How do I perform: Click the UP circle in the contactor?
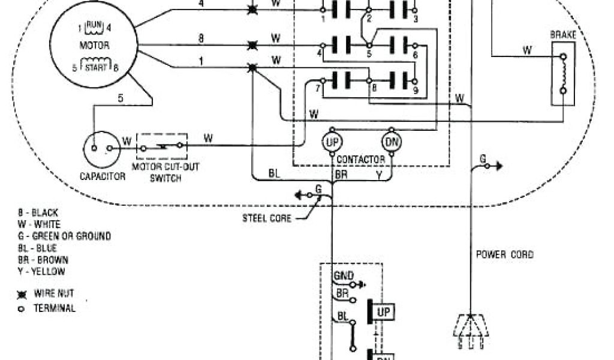coord(333,142)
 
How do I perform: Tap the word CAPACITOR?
coord(103,176)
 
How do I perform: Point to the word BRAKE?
coord(562,35)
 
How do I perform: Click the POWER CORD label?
coord(504,254)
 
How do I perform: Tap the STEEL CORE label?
coord(267,218)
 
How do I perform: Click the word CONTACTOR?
coord(361,160)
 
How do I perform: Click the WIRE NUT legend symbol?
coord(22,295)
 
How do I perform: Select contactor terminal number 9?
coord(415,91)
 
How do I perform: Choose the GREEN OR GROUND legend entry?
coord(64,236)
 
